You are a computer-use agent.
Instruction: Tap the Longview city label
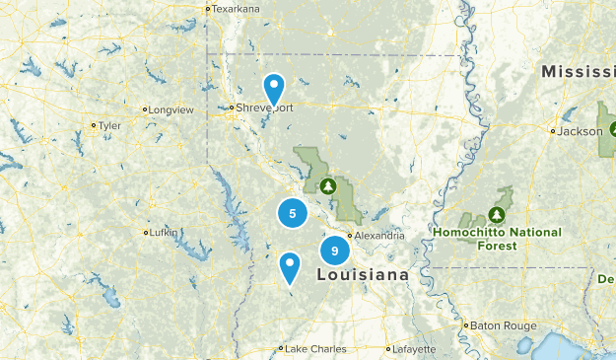pyautogui.click(x=170, y=109)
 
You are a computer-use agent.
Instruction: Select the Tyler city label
pyautogui.click(x=109, y=125)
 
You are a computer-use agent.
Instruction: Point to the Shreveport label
pyautogui.click(x=264, y=108)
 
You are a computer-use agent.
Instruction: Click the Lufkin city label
pyautogui.click(x=164, y=233)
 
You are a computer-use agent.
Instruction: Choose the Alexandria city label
pyautogui.click(x=379, y=236)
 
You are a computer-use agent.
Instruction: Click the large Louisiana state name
pyautogui.click(x=362, y=275)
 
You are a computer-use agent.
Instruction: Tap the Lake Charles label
pyautogui.click(x=310, y=348)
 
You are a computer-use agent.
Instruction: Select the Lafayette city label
pyautogui.click(x=413, y=348)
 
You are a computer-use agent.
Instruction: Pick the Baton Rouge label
pyautogui.click(x=504, y=324)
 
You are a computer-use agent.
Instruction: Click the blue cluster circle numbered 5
pyautogui.click(x=292, y=212)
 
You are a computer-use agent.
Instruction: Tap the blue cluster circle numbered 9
pyautogui.click(x=335, y=251)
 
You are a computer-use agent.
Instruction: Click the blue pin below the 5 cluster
pyautogui.click(x=289, y=265)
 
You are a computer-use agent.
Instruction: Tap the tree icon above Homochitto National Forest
pyautogui.click(x=497, y=214)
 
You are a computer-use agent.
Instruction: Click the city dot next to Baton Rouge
pyautogui.click(x=466, y=324)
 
